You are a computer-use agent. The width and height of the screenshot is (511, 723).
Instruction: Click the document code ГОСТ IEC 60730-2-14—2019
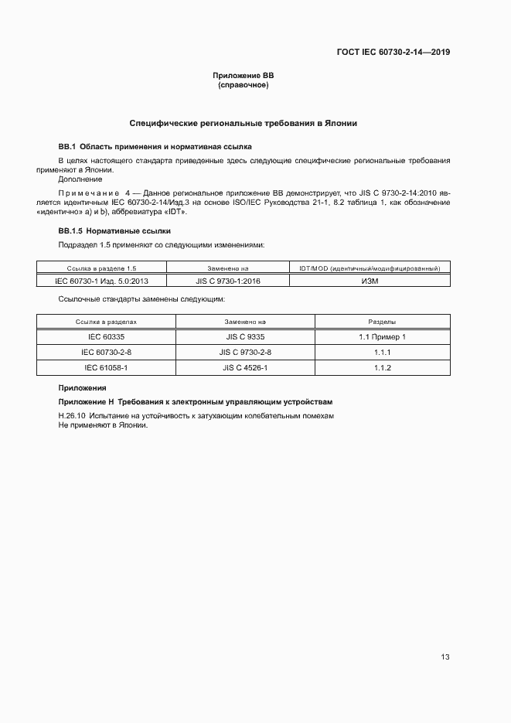tap(393, 53)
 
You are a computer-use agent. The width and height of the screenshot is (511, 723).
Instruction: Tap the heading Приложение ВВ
tap(244, 76)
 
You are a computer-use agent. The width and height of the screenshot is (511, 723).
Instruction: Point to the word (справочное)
tap(244, 85)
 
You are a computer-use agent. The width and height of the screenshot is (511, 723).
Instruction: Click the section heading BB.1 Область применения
tap(155, 146)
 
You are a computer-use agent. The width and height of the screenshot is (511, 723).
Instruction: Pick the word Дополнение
tap(80, 179)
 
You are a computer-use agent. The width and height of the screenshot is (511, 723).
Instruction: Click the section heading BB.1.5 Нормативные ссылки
tap(114, 231)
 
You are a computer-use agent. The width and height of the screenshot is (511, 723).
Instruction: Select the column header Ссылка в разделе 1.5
tap(101, 268)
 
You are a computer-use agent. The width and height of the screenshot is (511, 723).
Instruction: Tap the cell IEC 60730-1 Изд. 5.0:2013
tap(101, 281)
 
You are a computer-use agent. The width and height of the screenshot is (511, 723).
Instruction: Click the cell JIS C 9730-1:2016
tap(228, 281)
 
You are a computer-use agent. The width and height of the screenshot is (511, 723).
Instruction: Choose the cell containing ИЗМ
tap(370, 281)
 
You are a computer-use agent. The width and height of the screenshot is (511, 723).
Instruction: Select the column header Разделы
tap(383, 321)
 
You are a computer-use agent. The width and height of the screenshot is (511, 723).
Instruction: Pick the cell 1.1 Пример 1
tap(383, 336)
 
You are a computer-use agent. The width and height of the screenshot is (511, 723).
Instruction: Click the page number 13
tap(445, 657)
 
